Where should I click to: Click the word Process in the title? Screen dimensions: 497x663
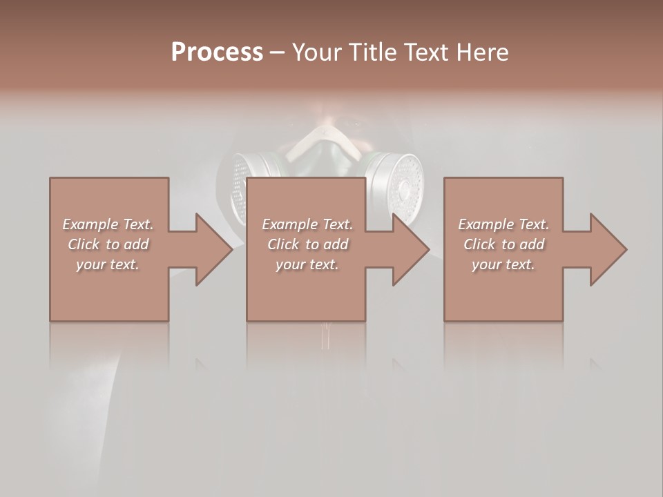click(x=217, y=52)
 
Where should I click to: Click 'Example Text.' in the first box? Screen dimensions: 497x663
click(x=108, y=224)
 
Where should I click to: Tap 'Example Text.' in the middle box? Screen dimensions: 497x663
click(x=307, y=224)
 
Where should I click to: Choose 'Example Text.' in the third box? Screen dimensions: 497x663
click(x=503, y=224)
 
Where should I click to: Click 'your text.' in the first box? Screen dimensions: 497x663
click(x=108, y=264)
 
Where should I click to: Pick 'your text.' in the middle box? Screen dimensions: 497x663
click(x=307, y=264)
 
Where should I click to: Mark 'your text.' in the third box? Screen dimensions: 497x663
click(x=503, y=264)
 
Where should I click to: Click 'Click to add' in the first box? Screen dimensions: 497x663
click(x=108, y=244)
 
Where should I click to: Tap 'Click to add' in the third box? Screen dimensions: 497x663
click(x=503, y=244)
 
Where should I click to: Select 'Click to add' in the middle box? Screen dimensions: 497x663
click(x=307, y=244)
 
